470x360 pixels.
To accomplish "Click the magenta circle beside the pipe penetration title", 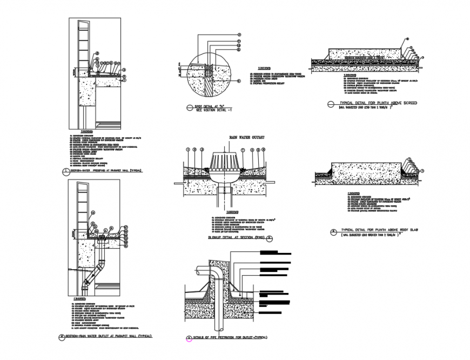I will coord(189,339).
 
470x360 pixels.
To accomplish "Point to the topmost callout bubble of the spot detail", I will coord(238,34).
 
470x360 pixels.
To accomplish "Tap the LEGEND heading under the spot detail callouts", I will coord(263,68).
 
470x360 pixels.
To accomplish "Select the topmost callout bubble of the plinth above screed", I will coord(407,39).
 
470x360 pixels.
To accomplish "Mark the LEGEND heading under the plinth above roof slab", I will coord(354,193).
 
